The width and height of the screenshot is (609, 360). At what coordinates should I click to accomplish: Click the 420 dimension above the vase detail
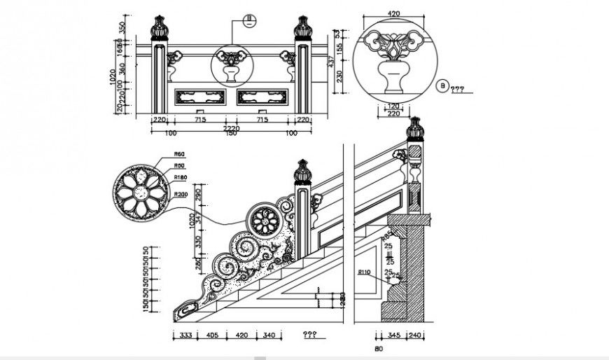click(393, 13)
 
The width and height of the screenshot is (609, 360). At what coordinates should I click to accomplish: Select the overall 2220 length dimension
click(232, 128)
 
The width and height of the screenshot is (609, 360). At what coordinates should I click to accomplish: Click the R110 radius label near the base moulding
click(364, 272)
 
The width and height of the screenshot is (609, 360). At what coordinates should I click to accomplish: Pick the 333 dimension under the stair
click(185, 335)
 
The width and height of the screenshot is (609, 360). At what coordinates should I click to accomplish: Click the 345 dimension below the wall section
click(393, 335)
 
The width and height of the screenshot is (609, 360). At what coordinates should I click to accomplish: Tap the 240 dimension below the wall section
click(415, 335)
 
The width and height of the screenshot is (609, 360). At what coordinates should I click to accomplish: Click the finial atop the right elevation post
click(302, 28)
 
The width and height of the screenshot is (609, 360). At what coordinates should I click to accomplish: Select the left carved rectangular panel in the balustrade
click(201, 95)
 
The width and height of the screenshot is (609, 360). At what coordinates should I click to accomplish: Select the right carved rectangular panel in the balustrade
click(263, 95)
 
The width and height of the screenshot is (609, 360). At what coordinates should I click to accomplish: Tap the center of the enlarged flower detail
click(139, 194)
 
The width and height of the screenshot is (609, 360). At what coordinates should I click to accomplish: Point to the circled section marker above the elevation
click(248, 20)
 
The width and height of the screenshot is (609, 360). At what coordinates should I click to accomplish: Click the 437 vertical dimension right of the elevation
click(330, 62)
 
